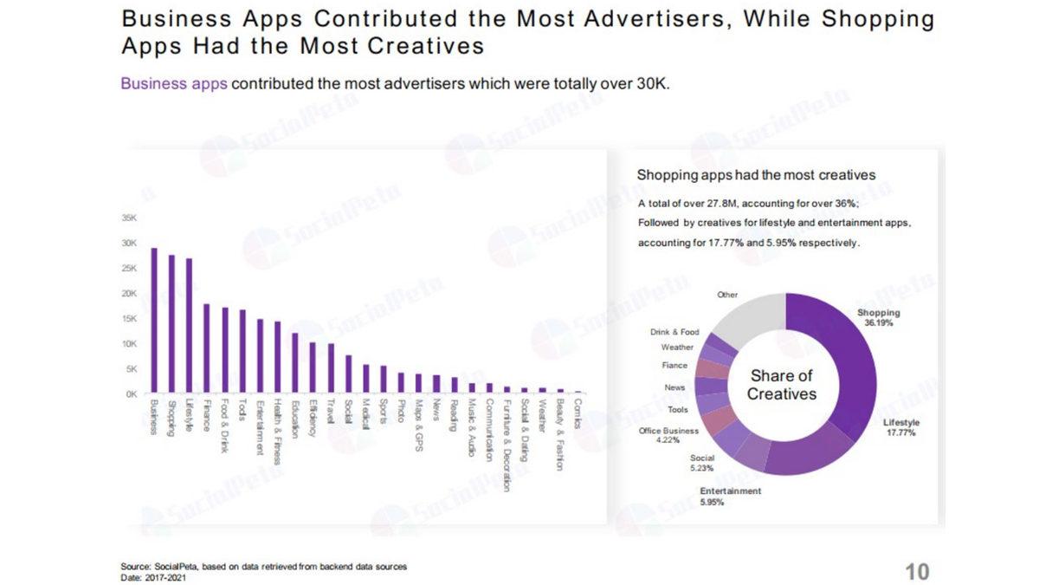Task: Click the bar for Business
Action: point(154,320)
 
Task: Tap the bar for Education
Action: point(294,362)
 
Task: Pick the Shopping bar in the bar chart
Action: point(171,323)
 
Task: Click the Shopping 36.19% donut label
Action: point(878,317)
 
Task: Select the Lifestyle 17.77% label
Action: point(900,427)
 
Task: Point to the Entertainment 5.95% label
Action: point(731,496)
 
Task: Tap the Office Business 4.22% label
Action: point(668,435)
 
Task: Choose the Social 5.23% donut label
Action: point(702,463)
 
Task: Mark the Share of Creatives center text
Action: point(781,385)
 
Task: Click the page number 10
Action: point(916,572)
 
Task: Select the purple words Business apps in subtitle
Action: point(174,84)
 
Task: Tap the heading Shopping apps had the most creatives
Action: point(756,175)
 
